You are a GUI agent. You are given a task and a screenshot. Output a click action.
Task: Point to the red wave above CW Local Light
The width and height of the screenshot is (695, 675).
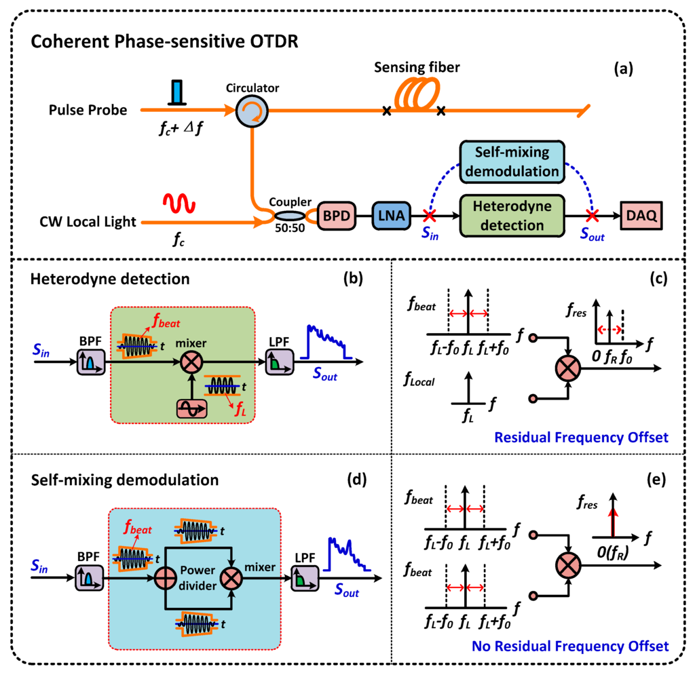[x=177, y=202]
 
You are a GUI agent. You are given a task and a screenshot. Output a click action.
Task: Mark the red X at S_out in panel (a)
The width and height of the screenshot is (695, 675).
[x=593, y=216]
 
